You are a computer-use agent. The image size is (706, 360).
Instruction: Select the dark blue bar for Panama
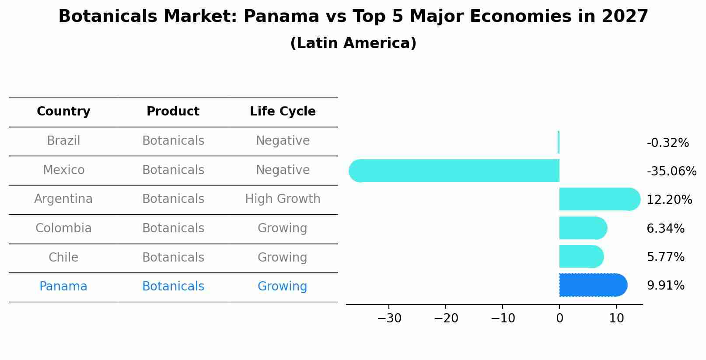(593, 285)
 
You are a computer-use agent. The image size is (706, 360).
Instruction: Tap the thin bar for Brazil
(559, 142)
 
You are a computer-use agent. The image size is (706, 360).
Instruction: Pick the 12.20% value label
(669, 200)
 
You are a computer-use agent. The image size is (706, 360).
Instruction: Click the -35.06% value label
(671, 171)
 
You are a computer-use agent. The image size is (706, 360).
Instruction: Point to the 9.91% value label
(665, 286)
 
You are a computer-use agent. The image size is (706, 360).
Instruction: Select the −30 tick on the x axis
(389, 318)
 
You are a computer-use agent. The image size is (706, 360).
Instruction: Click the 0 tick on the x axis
(559, 318)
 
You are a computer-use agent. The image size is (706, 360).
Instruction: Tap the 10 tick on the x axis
(616, 318)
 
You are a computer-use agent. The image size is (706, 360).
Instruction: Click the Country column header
(63, 112)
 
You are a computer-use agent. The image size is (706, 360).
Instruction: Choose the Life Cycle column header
(283, 112)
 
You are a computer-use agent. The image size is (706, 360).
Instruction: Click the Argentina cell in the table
(63, 199)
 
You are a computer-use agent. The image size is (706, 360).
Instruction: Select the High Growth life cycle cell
(283, 199)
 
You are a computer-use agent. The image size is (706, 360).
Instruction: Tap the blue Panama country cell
(63, 287)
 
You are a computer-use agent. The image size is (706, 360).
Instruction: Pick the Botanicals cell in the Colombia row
(173, 228)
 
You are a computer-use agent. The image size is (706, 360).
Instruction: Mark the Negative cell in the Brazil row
(283, 141)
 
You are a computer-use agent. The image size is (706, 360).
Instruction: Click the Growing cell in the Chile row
(283, 257)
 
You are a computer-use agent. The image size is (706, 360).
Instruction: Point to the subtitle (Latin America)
(353, 43)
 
